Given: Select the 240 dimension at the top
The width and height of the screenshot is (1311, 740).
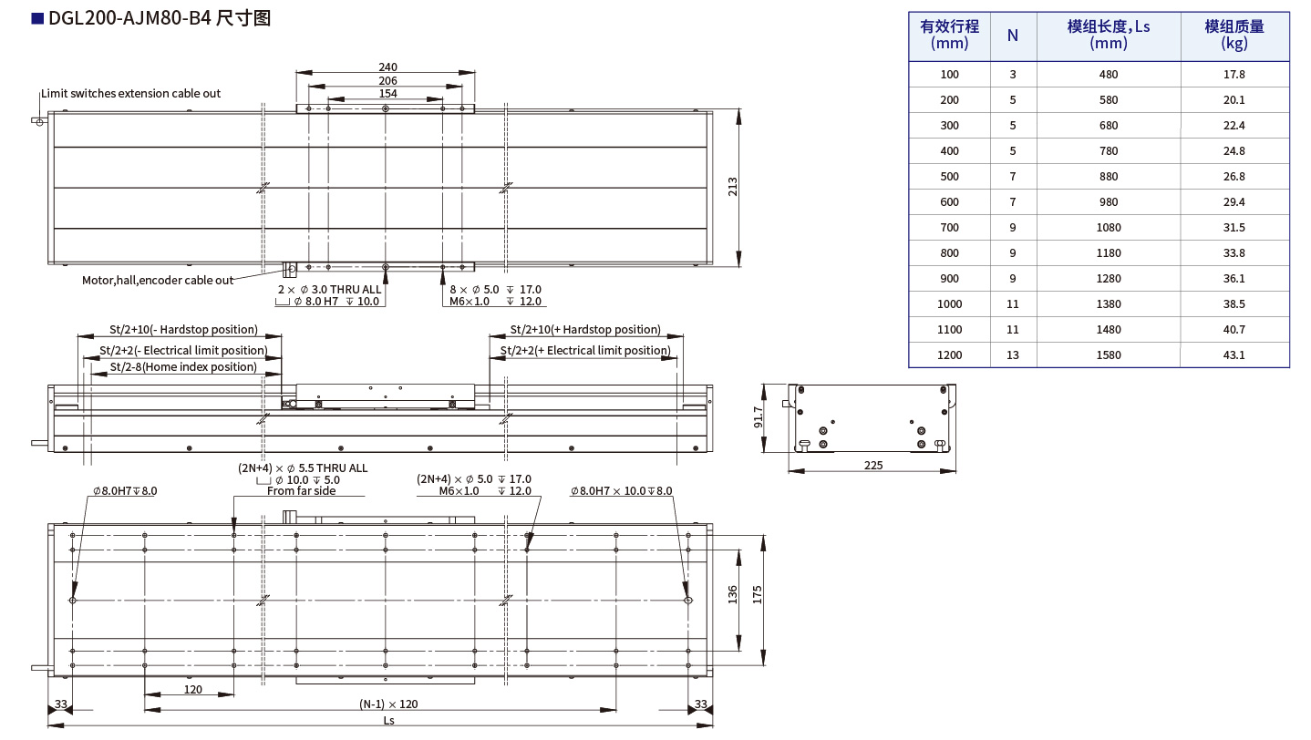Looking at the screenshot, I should tap(387, 67).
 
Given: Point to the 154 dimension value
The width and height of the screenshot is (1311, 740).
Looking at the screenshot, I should tap(387, 93).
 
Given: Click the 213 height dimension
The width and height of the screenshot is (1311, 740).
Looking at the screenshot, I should tap(732, 186).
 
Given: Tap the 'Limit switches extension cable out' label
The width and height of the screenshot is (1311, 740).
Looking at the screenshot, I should tap(131, 94).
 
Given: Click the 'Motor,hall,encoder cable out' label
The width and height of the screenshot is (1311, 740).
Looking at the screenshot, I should tap(158, 281).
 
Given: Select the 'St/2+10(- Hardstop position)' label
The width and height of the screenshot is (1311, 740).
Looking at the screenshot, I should tap(183, 330).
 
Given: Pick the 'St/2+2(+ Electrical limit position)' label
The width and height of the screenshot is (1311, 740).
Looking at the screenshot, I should tap(585, 351).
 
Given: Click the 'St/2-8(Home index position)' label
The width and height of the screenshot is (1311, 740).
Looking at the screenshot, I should tap(183, 367).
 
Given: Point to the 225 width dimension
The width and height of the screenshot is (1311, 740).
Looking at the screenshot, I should tap(872, 465).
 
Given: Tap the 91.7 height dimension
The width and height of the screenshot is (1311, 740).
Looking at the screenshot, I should tap(759, 417).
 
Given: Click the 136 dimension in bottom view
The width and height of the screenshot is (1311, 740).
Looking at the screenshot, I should tap(732, 594).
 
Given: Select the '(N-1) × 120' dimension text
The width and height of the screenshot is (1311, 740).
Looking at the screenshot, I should tap(387, 704).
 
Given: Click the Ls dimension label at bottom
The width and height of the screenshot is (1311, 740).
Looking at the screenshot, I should tap(387, 720).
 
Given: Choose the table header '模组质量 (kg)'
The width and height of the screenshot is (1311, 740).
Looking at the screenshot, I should tap(1234, 35).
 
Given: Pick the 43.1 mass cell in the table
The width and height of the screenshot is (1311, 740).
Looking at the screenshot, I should tap(1234, 355).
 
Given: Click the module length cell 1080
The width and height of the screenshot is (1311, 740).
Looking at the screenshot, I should tap(1109, 227).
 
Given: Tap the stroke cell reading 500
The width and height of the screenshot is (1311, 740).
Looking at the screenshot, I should tap(949, 176).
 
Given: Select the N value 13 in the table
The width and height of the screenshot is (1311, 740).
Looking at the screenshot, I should tap(1013, 355).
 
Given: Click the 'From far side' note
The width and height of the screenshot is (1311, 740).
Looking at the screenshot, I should tap(301, 491).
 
